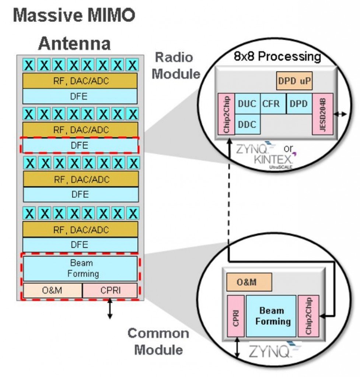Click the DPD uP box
(x=294, y=81)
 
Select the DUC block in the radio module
(x=247, y=104)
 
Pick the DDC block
(x=247, y=124)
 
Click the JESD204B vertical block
(x=322, y=114)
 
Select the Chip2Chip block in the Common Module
(x=307, y=316)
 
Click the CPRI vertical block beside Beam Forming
(x=236, y=316)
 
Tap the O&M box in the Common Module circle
(x=249, y=282)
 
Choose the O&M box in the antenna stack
(x=52, y=290)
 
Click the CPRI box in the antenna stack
(x=110, y=290)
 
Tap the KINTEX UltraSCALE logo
(x=273, y=161)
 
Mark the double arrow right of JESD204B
(x=340, y=114)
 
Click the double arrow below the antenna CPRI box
(x=109, y=309)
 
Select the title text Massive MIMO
(x=74, y=15)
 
